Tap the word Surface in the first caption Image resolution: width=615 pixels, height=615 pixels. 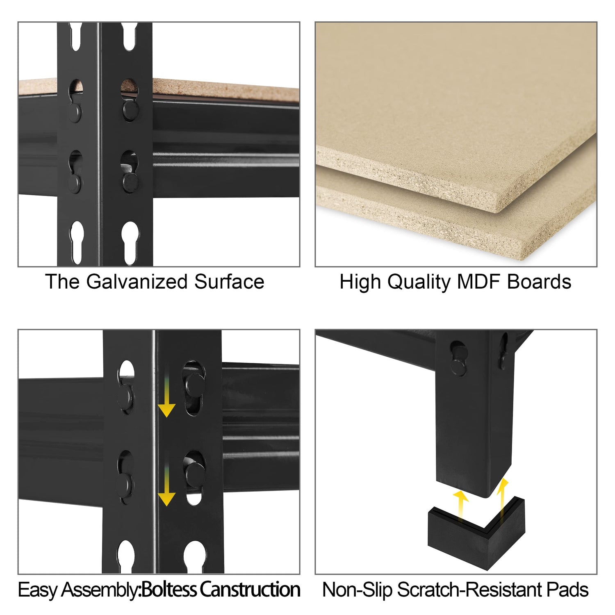pyautogui.click(x=229, y=282)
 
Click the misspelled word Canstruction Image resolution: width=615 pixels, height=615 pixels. pyautogui.click(x=250, y=590)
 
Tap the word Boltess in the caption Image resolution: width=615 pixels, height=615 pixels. pyautogui.click(x=169, y=590)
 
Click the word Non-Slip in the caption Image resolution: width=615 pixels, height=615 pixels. pyautogui.click(x=358, y=590)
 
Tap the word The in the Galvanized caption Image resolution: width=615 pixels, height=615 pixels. pyautogui.click(x=62, y=282)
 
